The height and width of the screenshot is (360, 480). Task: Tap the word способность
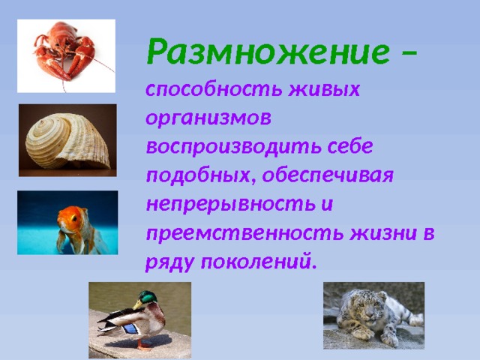tap(201, 90)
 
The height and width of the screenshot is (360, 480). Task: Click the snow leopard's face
tap(352, 307)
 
